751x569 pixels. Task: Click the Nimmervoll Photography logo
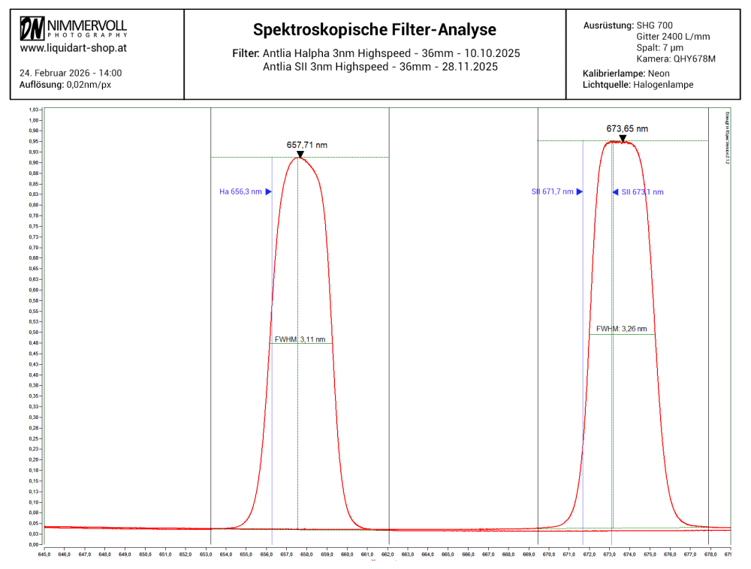[74, 28]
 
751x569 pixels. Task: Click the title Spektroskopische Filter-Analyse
[375, 30]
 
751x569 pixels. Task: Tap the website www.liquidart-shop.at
[73, 47]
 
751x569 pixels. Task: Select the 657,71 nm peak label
[307, 145]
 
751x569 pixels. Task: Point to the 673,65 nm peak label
[627, 128]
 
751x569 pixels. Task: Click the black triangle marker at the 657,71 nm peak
[300, 155]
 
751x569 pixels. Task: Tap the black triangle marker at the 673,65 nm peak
[623, 138]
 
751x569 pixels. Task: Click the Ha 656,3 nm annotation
[240, 192]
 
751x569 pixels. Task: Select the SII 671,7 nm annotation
[552, 192]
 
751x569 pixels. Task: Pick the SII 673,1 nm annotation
[642, 192]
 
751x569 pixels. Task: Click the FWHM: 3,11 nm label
[300, 339]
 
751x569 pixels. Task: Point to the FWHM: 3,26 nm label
[621, 329]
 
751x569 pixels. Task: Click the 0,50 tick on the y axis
[34, 332]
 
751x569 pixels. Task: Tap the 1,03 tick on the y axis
[34, 110]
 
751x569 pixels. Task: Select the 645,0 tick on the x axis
[44, 555]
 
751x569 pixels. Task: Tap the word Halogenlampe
[665, 85]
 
